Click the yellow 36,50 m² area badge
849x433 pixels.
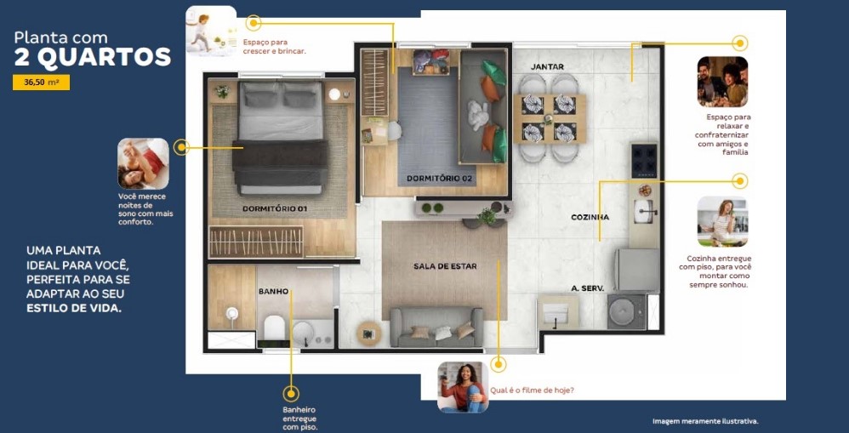point(41,83)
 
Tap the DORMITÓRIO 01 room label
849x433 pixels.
point(274,209)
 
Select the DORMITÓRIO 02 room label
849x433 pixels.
point(440,179)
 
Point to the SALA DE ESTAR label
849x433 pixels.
point(445,266)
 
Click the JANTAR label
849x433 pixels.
point(547,66)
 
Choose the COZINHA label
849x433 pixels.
point(590,217)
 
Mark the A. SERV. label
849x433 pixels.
point(587,288)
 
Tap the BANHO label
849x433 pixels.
point(273,292)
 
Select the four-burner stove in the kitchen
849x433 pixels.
point(644,159)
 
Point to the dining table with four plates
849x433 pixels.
point(553,118)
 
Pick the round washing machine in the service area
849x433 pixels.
point(625,312)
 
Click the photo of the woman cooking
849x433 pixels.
point(722,221)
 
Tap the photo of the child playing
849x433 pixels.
point(211,31)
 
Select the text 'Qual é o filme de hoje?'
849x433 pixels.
point(532,390)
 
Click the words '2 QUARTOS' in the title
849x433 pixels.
point(93,58)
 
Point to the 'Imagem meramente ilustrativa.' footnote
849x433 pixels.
point(705,421)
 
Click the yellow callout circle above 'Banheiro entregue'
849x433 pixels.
point(291,394)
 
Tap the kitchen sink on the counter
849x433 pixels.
point(644,206)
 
